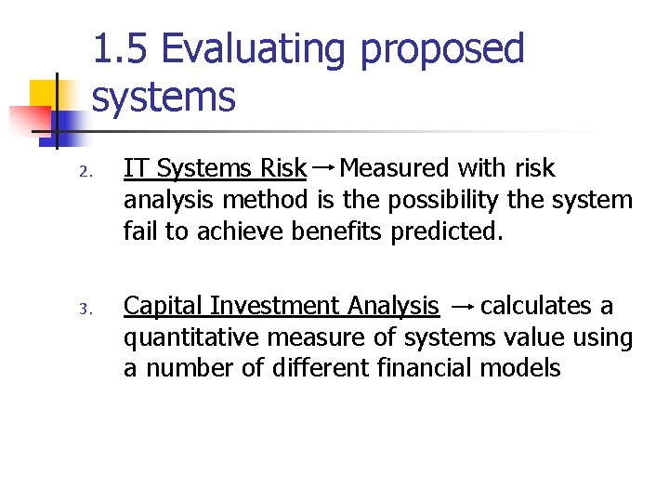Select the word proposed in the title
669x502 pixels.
442,51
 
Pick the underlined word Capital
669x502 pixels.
164,306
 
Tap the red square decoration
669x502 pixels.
29,121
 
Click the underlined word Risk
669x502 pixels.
283,168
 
